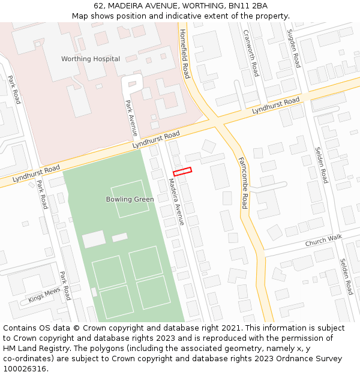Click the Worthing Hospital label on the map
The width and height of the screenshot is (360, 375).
91,59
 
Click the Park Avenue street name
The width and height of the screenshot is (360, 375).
131,117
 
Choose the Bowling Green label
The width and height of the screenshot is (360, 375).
130,199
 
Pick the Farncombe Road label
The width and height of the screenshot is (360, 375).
243,183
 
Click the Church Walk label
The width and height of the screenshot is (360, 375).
323,241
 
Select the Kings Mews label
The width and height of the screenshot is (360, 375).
44,295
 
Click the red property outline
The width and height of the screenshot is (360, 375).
182,172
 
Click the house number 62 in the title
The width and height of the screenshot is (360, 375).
98,6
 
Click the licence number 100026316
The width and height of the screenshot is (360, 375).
26,369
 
